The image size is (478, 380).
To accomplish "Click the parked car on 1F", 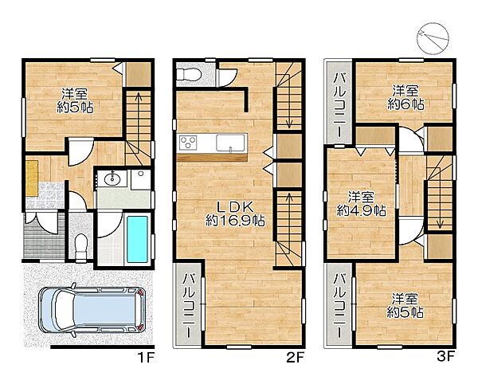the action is (x=92, y=310).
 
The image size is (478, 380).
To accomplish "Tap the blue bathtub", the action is (x=137, y=239).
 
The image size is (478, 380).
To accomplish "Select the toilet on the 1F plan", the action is (x=80, y=246).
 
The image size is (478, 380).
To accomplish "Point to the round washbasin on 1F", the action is (x=112, y=179).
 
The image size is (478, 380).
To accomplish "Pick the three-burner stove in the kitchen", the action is (x=188, y=143).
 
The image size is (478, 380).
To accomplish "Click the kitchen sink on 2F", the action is (x=230, y=143).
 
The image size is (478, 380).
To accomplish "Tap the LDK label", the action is (x=235, y=207).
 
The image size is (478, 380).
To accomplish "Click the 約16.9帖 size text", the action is (x=235, y=221).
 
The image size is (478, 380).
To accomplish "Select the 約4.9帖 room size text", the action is (x=361, y=210).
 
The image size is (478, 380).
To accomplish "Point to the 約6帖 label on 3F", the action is (x=406, y=104).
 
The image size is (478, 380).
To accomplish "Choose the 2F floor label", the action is (x=296, y=358).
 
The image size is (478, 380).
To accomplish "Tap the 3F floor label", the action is (x=446, y=357).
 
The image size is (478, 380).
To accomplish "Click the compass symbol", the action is (x=433, y=39).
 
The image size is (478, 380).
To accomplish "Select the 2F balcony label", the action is (x=188, y=305).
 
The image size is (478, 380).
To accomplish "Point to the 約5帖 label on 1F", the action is (x=75, y=108).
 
